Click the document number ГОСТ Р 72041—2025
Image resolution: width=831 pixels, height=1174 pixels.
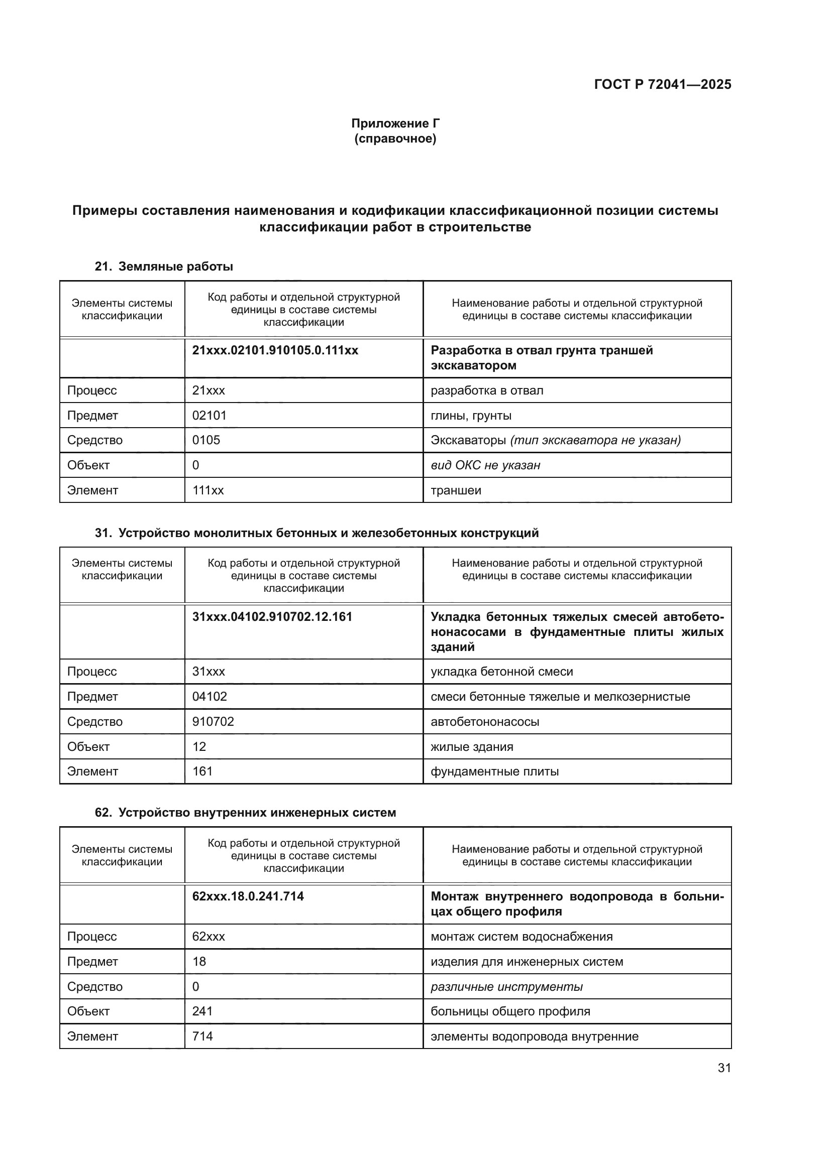pyautogui.click(x=662, y=84)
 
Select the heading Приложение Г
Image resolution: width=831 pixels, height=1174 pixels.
pyautogui.click(x=395, y=123)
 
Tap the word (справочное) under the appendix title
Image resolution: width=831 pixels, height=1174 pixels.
pyautogui.click(x=395, y=139)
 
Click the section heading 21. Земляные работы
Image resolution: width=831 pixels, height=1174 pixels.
pyautogui.click(x=164, y=267)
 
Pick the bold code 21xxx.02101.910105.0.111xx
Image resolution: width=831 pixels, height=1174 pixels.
pyautogui.click(x=275, y=350)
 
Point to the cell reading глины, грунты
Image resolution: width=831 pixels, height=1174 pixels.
pyautogui.click(x=471, y=415)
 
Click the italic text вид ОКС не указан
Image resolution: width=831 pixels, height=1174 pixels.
pyautogui.click(x=485, y=465)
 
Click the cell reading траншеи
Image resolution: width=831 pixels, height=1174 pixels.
pyautogui.click(x=455, y=490)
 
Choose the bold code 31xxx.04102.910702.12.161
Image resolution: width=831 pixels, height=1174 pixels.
pyautogui.click(x=272, y=617)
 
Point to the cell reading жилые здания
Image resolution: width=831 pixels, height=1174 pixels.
pyautogui.click(x=471, y=746)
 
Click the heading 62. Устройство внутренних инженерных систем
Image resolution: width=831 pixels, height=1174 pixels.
pyautogui.click(x=245, y=813)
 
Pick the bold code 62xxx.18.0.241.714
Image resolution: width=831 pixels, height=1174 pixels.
pyautogui.click(x=248, y=896)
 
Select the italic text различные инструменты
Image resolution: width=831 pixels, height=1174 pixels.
pyautogui.click(x=506, y=987)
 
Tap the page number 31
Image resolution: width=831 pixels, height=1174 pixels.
pyautogui.click(x=724, y=1068)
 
